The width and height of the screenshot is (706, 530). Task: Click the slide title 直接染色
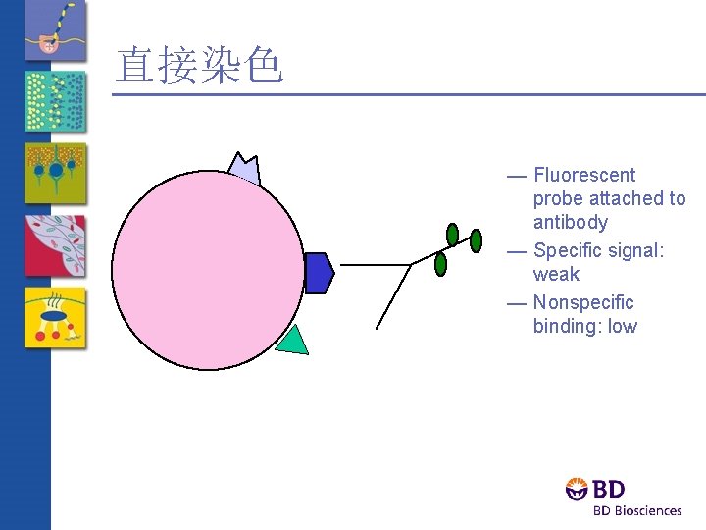click(199, 66)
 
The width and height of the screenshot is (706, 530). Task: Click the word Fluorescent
click(584, 175)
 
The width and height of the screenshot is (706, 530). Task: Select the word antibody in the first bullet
click(570, 222)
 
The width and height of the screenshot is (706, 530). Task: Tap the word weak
click(556, 274)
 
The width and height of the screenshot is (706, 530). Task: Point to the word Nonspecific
click(583, 302)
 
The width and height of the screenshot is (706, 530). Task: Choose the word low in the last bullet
click(622, 326)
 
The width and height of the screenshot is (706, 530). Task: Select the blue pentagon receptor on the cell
click(319, 273)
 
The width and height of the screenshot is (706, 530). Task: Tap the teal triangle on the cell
click(293, 341)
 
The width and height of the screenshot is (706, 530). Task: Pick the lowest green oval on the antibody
click(441, 264)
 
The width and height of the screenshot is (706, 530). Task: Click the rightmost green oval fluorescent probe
click(477, 239)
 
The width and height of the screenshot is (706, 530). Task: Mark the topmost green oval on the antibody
click(452, 234)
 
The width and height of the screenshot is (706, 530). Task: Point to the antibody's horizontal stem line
click(375, 265)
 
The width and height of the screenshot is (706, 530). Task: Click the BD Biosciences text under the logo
click(636, 510)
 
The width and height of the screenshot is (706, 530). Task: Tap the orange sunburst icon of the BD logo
click(578, 489)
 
